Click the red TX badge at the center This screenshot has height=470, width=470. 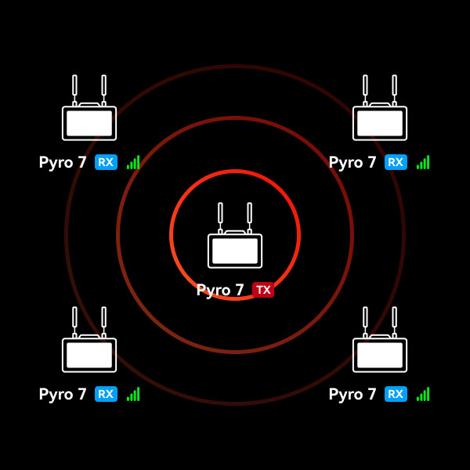[x=263, y=290]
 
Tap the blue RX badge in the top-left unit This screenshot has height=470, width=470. [x=106, y=162]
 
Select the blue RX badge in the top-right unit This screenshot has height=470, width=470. [x=396, y=162]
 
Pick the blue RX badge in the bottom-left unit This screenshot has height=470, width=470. [x=106, y=394]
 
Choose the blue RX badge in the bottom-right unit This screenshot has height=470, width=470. [x=396, y=394]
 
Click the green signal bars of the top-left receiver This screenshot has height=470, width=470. [x=134, y=163]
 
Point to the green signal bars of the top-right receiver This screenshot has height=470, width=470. [x=424, y=163]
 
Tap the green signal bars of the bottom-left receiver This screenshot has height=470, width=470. [x=134, y=395]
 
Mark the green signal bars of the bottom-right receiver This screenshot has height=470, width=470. [x=424, y=395]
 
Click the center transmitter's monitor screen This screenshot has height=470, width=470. [x=235, y=251]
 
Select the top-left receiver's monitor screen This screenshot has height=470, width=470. [x=89, y=123]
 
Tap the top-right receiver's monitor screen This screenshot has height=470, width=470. [x=380, y=123]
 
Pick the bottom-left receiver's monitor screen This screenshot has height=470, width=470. [x=89, y=355]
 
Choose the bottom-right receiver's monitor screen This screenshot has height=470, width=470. [x=380, y=355]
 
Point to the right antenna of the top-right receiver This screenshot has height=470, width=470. [x=394, y=85]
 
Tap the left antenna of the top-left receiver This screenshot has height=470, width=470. [x=74, y=85]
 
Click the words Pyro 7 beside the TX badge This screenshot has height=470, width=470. [x=220, y=291]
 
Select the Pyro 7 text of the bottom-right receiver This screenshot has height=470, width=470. [x=352, y=395]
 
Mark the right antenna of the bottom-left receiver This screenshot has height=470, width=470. [x=103, y=317]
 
